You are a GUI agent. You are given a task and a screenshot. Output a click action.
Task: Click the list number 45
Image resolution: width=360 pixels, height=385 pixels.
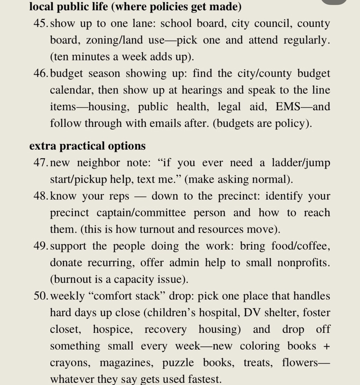[x=40, y=24]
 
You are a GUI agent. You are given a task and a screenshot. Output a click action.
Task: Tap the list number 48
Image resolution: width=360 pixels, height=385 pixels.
[x=40, y=197]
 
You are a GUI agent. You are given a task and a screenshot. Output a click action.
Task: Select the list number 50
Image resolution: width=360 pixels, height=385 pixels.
[x=40, y=296]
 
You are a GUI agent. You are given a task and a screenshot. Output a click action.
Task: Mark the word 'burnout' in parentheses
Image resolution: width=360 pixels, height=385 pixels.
[x=75, y=280]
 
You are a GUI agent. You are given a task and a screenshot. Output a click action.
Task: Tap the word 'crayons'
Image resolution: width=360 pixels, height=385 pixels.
[x=69, y=363]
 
